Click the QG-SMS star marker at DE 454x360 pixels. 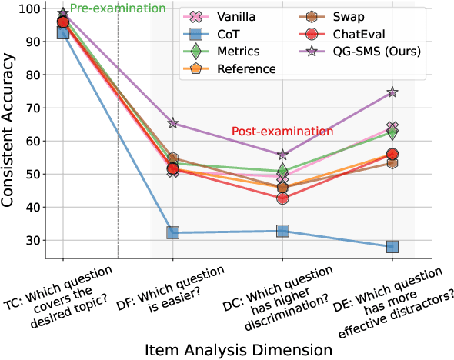(x=392, y=92)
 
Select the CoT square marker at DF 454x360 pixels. (x=173, y=232)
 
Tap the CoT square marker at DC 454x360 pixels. (x=282, y=231)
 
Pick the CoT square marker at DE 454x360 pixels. (x=392, y=246)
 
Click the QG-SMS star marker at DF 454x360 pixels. (x=173, y=123)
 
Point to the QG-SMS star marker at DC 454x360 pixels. (x=282, y=155)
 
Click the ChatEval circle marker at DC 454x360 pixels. (x=282, y=198)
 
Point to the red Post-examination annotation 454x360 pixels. (x=277, y=132)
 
